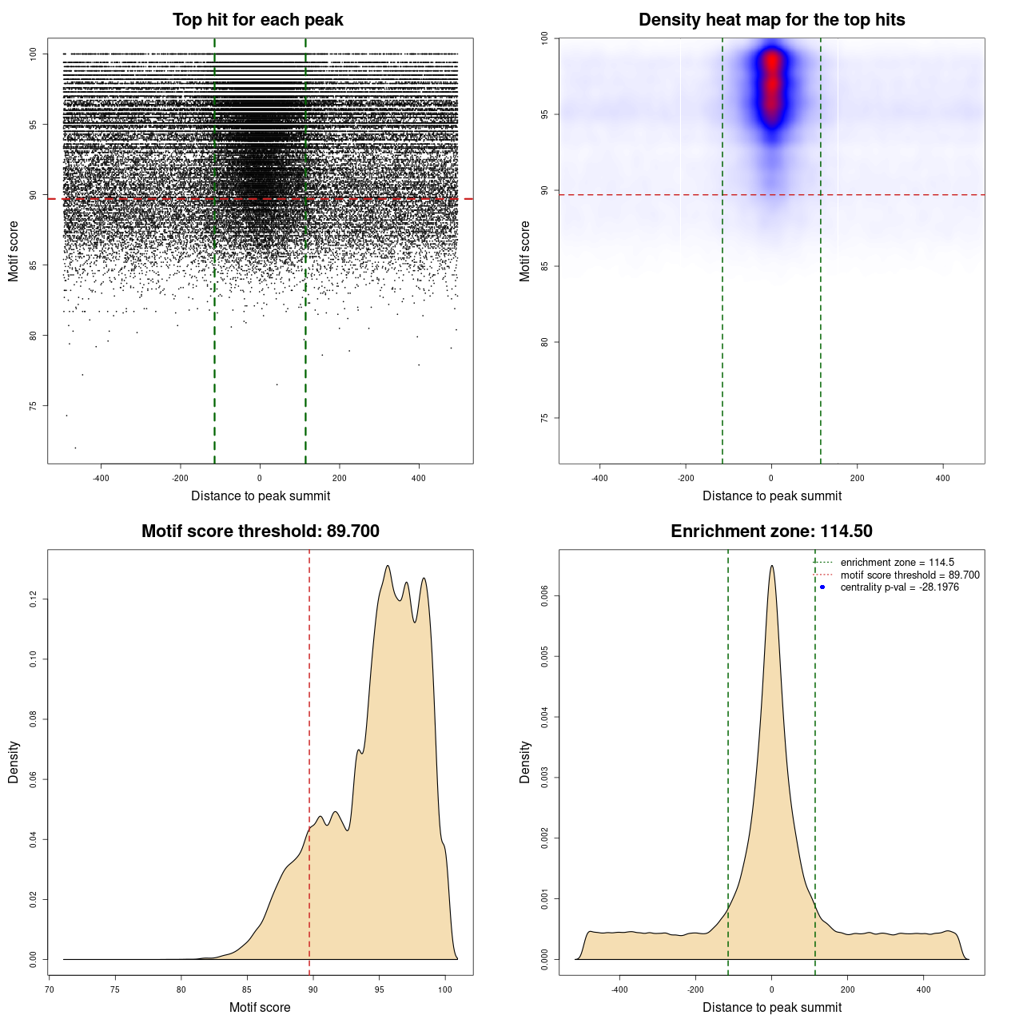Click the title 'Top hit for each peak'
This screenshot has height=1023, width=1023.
(257, 20)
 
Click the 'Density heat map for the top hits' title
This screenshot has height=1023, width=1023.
(771, 20)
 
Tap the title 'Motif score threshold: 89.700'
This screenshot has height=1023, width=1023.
(260, 531)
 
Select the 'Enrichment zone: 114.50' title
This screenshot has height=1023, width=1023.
(771, 531)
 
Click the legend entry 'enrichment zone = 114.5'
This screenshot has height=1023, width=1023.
(897, 563)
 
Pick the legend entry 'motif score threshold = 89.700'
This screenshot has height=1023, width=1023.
(910, 575)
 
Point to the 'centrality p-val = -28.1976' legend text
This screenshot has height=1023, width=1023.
(899, 587)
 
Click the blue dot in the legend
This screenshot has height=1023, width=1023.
(822, 587)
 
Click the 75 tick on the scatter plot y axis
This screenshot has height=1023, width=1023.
(33, 405)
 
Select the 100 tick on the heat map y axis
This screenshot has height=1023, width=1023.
(544, 38)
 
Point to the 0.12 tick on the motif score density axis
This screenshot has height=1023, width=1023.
(33, 599)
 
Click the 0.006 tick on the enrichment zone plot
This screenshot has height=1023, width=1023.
(544, 595)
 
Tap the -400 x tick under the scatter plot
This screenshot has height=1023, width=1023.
(101, 479)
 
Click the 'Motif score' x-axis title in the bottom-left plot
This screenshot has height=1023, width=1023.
(260, 1007)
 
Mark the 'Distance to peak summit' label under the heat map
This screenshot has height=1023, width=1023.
(771, 496)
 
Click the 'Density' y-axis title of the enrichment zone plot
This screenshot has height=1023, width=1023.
(525, 762)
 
